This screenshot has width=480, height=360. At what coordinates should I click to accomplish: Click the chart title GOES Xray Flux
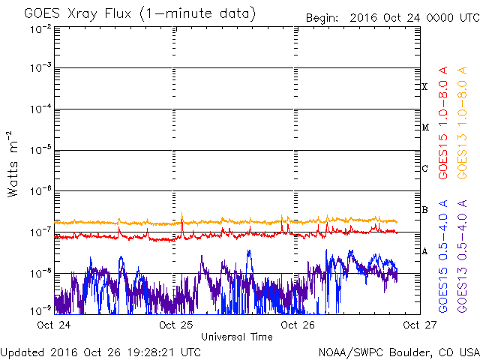(x=78, y=13)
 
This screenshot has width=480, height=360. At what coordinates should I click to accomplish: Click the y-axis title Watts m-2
(x=13, y=164)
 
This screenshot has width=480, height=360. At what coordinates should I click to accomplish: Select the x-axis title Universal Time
(x=237, y=337)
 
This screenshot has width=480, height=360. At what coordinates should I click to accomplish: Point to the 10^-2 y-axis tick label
(x=40, y=29)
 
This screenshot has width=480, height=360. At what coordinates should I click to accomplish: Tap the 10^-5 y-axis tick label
(x=40, y=150)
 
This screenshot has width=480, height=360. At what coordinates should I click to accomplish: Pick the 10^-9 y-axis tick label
(x=40, y=310)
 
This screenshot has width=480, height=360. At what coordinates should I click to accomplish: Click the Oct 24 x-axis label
(x=54, y=325)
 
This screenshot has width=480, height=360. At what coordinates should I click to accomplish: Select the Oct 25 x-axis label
(x=176, y=325)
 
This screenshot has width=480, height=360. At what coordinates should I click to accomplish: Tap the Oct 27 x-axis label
(x=420, y=325)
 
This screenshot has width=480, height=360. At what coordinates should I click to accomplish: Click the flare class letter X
(x=424, y=87)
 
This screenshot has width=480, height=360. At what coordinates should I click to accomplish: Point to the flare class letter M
(x=425, y=127)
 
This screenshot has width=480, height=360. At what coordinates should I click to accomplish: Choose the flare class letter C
(x=424, y=168)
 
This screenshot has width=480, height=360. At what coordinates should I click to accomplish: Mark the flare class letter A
(x=424, y=251)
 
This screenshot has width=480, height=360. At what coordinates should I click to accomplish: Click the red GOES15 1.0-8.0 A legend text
(x=443, y=122)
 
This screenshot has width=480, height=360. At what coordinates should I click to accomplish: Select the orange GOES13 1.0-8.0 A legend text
(x=462, y=122)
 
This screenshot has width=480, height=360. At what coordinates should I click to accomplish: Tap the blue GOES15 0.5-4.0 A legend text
(x=443, y=256)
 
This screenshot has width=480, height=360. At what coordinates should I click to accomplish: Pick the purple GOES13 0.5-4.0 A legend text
(x=462, y=256)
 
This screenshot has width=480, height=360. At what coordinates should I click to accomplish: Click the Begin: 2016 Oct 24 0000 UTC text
(x=393, y=18)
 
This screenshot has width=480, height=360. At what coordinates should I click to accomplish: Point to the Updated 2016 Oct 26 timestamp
(x=100, y=352)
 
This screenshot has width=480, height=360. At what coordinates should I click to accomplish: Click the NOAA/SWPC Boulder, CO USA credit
(x=399, y=352)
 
